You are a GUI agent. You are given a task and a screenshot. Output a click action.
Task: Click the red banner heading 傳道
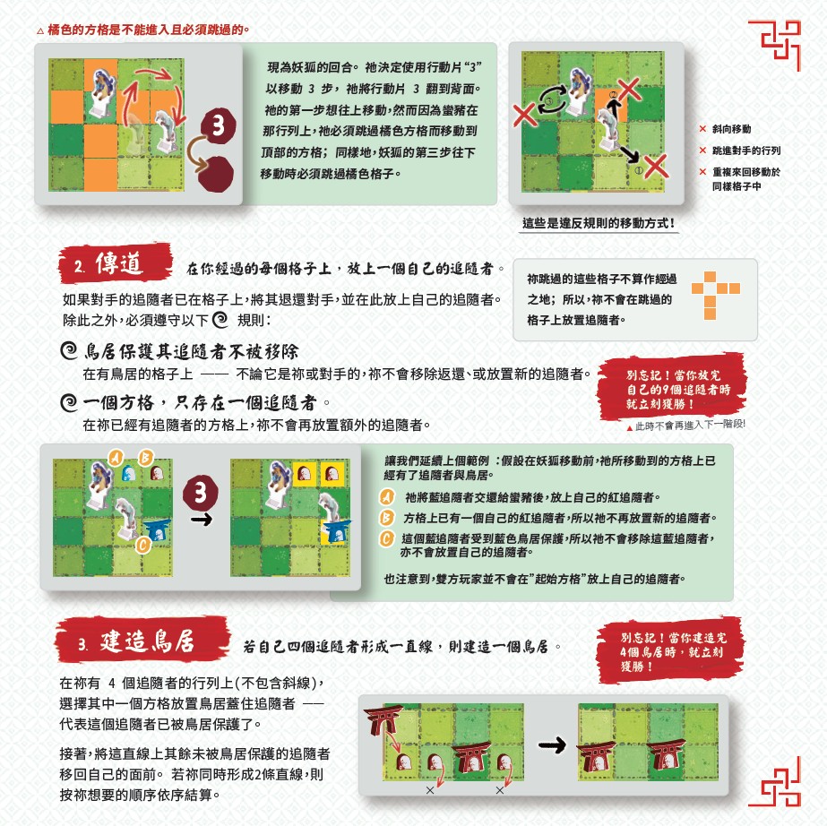116,263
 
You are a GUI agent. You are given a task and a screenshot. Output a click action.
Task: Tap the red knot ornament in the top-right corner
775,46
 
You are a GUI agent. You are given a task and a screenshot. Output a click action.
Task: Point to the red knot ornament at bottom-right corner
775,781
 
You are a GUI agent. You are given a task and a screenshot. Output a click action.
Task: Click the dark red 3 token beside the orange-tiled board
218,125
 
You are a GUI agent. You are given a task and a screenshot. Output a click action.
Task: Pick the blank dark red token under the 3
216,174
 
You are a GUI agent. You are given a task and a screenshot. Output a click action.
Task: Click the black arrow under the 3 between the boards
201,521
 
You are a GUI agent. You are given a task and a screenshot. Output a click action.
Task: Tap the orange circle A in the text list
388,497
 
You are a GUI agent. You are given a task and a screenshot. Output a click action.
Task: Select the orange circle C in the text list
388,538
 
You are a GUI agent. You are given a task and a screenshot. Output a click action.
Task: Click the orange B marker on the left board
145,457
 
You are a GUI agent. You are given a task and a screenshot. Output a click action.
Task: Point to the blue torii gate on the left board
157,530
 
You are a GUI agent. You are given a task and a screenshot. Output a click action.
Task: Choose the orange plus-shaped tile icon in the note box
715,295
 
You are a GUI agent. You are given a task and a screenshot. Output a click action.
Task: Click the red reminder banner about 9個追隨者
672,388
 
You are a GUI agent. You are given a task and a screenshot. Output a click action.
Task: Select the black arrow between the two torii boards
552,744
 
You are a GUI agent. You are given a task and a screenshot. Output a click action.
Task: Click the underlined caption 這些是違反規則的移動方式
599,223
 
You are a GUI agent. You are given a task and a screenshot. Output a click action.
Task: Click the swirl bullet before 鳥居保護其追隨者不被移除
69,350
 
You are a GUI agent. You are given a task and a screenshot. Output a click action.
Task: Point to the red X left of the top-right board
524,115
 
